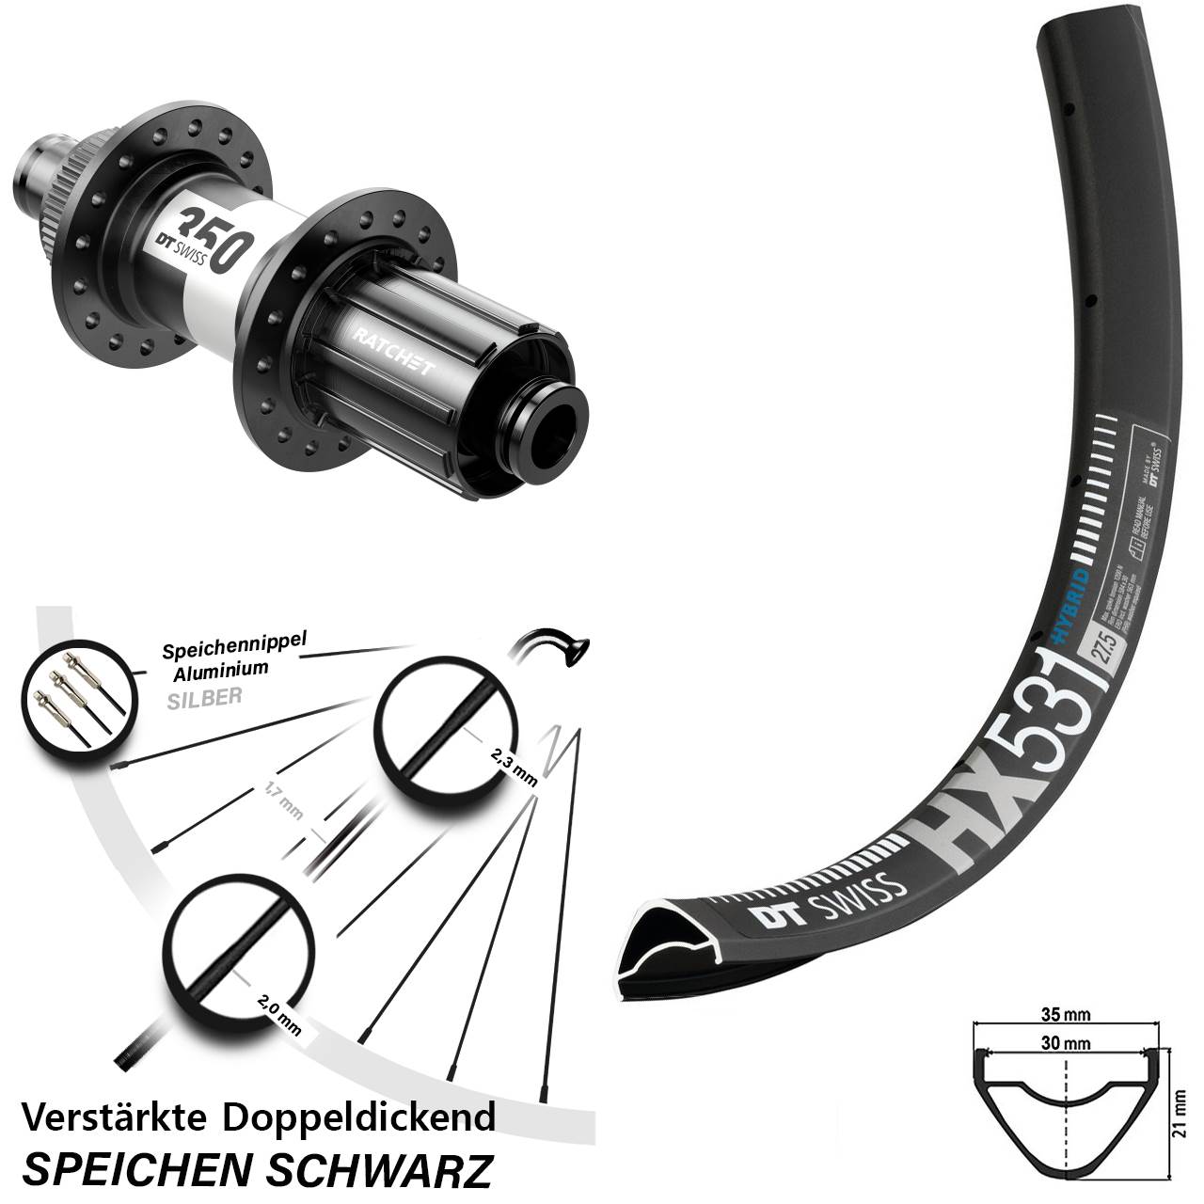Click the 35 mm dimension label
click(1067, 1014)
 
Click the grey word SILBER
click(204, 697)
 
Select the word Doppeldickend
click(358, 1117)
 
